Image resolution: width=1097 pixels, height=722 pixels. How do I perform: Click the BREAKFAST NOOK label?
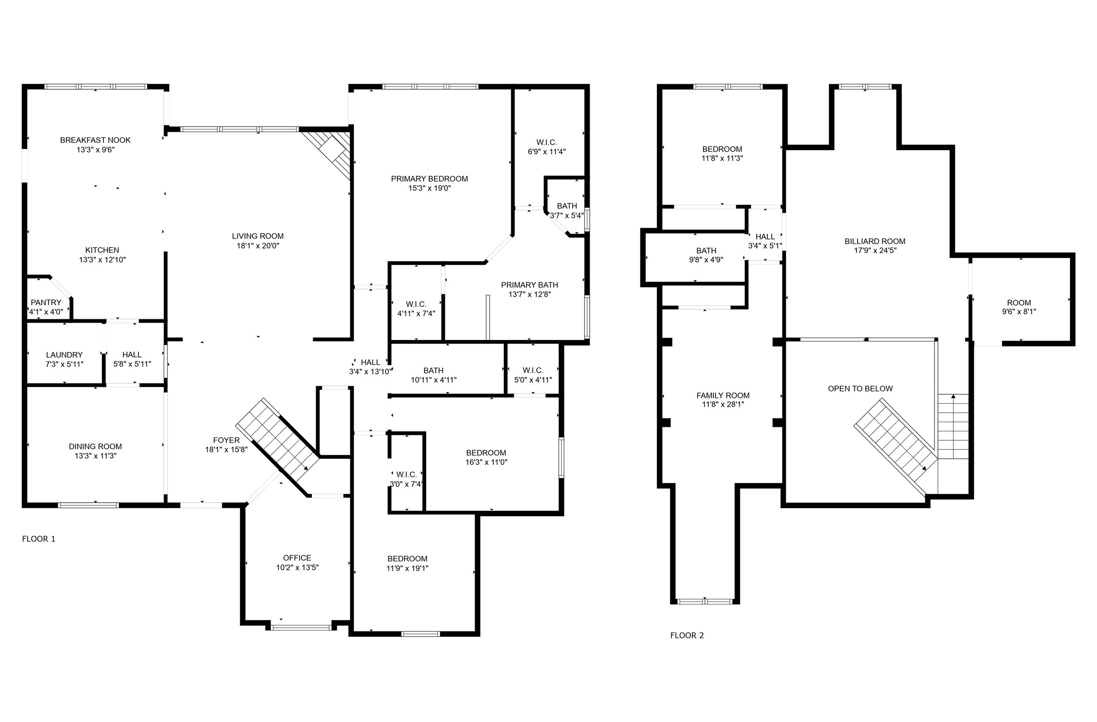(x=95, y=140)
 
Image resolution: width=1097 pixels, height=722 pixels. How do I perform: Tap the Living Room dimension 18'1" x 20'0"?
(x=258, y=246)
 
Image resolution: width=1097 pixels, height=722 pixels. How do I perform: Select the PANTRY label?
(x=46, y=302)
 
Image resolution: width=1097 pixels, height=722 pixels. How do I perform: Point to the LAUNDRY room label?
(x=64, y=354)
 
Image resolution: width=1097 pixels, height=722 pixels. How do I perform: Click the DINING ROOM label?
(x=95, y=446)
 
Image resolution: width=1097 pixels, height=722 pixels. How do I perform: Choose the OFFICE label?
(x=297, y=558)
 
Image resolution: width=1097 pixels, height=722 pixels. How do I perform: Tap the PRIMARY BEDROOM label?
(x=430, y=179)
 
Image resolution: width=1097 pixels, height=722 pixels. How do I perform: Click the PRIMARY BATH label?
(x=529, y=285)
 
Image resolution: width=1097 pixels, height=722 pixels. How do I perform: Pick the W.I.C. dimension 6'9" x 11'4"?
(x=547, y=152)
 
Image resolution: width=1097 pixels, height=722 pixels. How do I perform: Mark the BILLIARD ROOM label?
(x=875, y=241)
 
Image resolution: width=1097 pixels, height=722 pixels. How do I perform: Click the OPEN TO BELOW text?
(x=860, y=388)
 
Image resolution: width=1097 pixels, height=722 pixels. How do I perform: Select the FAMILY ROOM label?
(x=723, y=395)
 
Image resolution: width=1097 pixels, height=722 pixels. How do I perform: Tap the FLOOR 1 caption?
(x=39, y=539)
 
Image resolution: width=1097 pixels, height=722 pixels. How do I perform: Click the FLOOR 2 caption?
(x=687, y=635)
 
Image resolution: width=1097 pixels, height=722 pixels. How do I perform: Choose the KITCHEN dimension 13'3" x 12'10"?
(x=102, y=260)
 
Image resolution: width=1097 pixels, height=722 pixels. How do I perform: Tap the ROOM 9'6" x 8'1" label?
(x=1019, y=307)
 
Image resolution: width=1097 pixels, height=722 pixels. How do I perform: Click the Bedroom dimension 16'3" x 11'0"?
(x=486, y=462)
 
